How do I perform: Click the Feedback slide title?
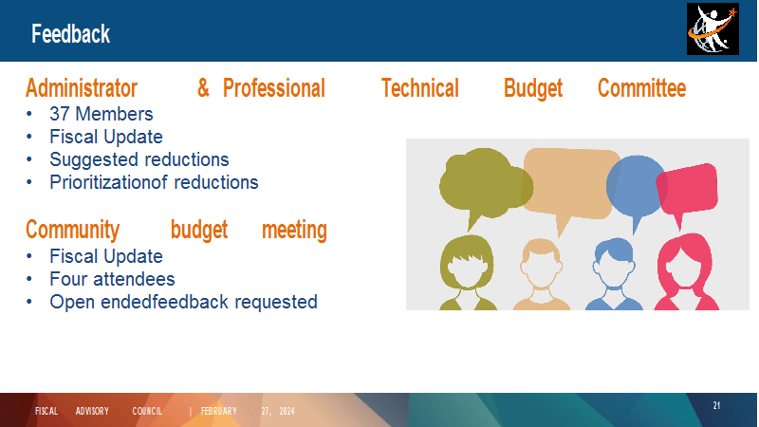click(x=70, y=34)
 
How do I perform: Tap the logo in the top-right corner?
click(x=713, y=29)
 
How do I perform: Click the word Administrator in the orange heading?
click(x=82, y=88)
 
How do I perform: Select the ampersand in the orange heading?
click(x=203, y=88)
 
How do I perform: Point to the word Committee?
click(x=642, y=88)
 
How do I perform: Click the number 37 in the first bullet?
click(x=60, y=114)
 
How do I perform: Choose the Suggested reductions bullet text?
click(x=139, y=159)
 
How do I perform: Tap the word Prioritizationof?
click(x=108, y=182)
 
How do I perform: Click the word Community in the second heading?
click(x=73, y=230)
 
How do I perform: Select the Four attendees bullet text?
click(x=112, y=279)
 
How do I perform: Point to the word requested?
click(x=276, y=302)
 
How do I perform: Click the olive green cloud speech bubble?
click(x=484, y=184)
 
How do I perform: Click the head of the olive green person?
click(x=467, y=263)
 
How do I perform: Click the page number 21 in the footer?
click(x=716, y=406)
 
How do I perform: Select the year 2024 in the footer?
click(x=287, y=411)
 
